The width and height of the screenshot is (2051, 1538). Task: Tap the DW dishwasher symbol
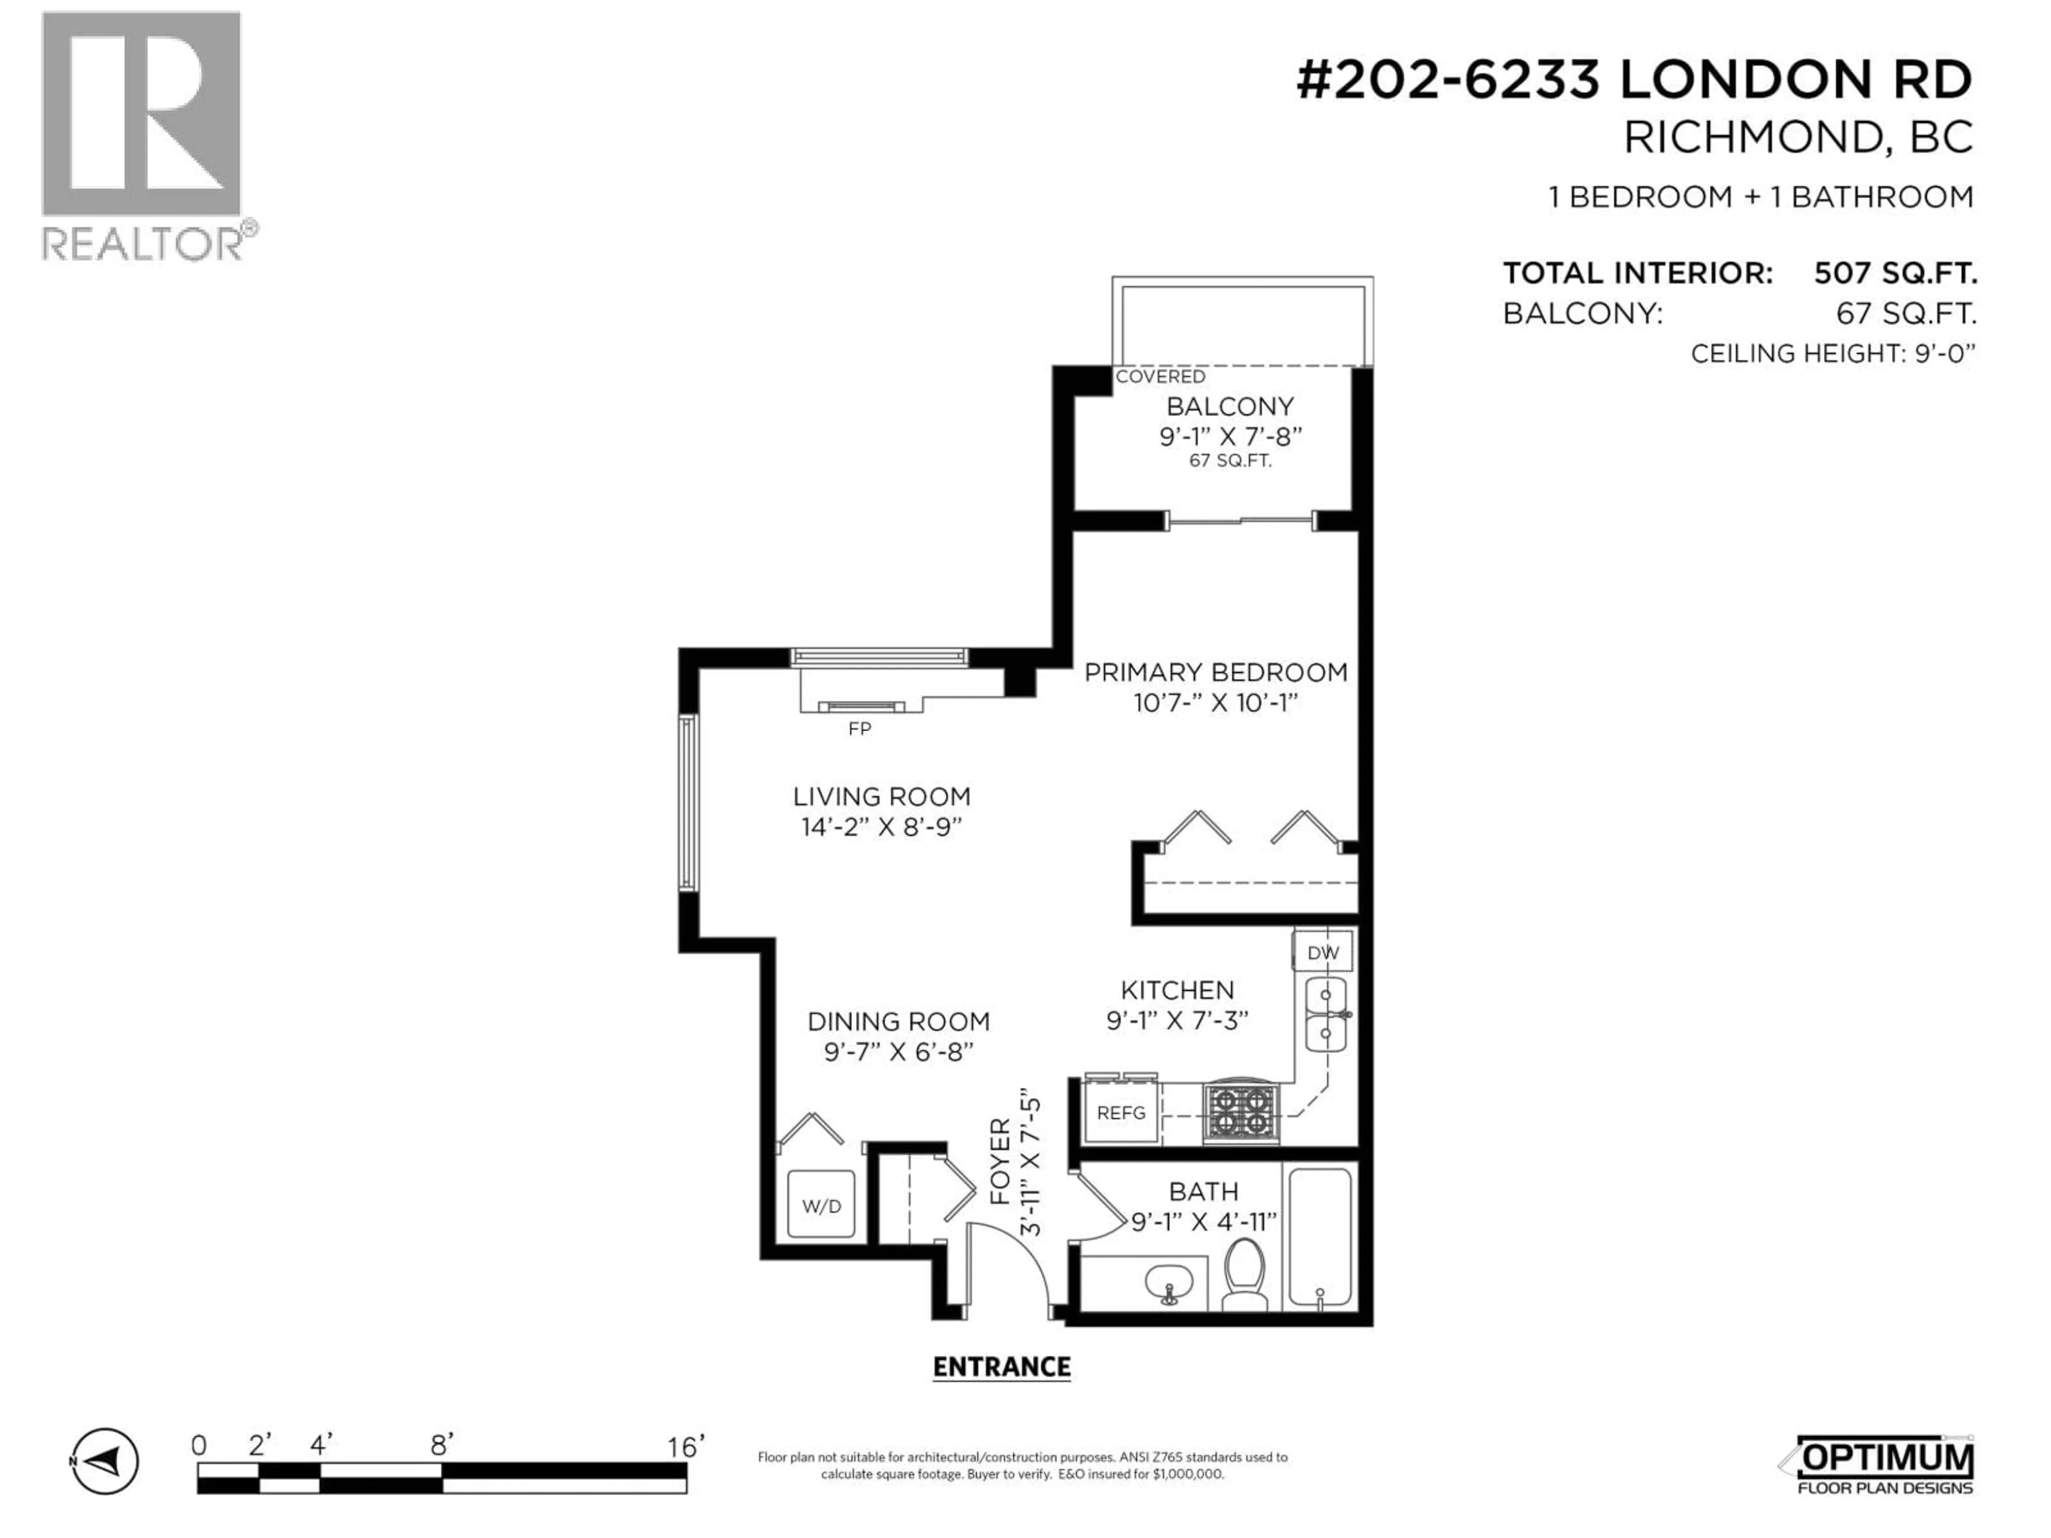[1322, 952]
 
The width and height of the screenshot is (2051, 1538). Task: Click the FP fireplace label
[859, 728]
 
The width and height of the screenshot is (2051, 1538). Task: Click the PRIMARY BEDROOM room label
[1216, 672]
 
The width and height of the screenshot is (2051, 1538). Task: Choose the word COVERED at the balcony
[1160, 376]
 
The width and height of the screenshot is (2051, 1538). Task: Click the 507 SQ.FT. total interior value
[1895, 273]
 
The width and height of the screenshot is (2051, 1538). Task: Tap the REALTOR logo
[144, 135]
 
